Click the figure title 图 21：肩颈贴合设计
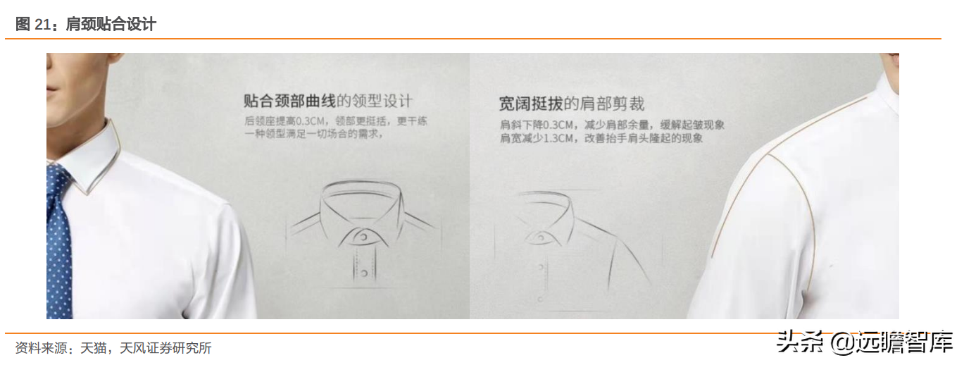86,24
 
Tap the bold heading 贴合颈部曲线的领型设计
328,101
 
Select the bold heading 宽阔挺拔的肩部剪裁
572,104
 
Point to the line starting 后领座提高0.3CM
336,121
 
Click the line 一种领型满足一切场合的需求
314,134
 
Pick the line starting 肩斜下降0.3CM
612,125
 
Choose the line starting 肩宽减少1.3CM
601,138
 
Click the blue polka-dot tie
58,241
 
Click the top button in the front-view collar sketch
363,237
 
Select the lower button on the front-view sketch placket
364,273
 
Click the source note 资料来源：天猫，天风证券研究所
113,348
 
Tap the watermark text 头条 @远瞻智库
865,343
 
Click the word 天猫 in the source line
94,348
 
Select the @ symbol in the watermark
842,344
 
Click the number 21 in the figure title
43,25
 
